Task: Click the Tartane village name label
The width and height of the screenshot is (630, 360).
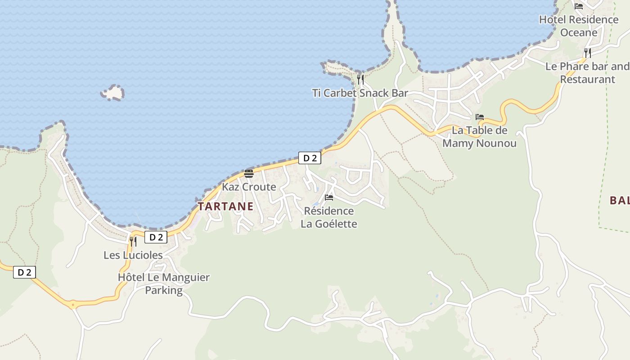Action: point(225,207)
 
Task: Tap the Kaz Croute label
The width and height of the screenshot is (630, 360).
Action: point(249,187)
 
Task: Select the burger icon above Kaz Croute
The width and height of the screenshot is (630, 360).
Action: point(249,174)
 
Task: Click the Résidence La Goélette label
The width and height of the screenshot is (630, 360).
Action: point(329,217)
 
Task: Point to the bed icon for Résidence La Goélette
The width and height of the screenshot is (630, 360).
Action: point(329,197)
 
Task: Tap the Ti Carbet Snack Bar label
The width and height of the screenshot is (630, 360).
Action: point(360,93)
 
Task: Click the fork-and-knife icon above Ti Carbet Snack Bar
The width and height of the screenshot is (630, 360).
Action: point(360,80)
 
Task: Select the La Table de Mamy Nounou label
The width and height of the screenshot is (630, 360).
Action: point(479,137)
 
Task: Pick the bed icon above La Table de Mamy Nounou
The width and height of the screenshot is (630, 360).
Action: point(480,117)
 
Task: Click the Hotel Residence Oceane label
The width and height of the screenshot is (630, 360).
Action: point(579,26)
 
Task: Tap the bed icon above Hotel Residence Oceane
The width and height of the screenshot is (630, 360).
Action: point(579,6)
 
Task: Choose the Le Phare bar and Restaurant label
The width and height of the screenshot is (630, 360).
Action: point(587,73)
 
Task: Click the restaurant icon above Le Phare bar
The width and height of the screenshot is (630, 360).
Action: point(587,53)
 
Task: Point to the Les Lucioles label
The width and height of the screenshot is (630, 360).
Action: point(133,255)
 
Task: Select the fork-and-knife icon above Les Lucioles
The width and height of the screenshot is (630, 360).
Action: point(133,242)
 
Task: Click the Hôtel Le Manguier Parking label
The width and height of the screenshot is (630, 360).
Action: point(164,283)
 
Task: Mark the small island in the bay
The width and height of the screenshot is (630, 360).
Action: point(113,93)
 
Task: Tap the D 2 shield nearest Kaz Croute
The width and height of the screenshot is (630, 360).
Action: point(310,158)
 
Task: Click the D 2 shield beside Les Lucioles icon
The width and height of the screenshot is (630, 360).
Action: point(156,237)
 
